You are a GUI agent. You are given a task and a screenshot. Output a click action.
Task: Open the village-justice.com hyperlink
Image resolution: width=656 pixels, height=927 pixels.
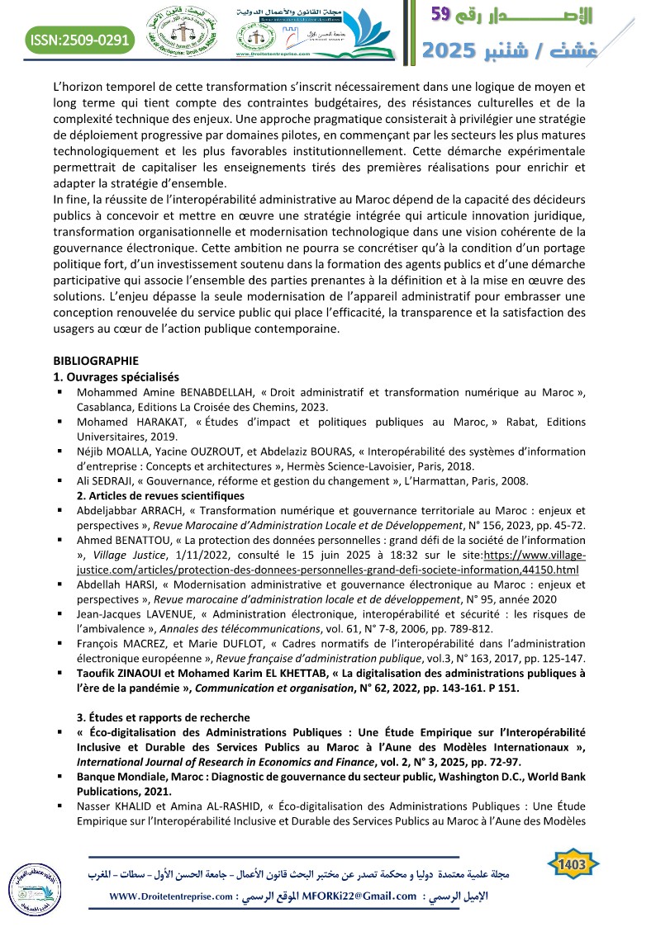[330, 570]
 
